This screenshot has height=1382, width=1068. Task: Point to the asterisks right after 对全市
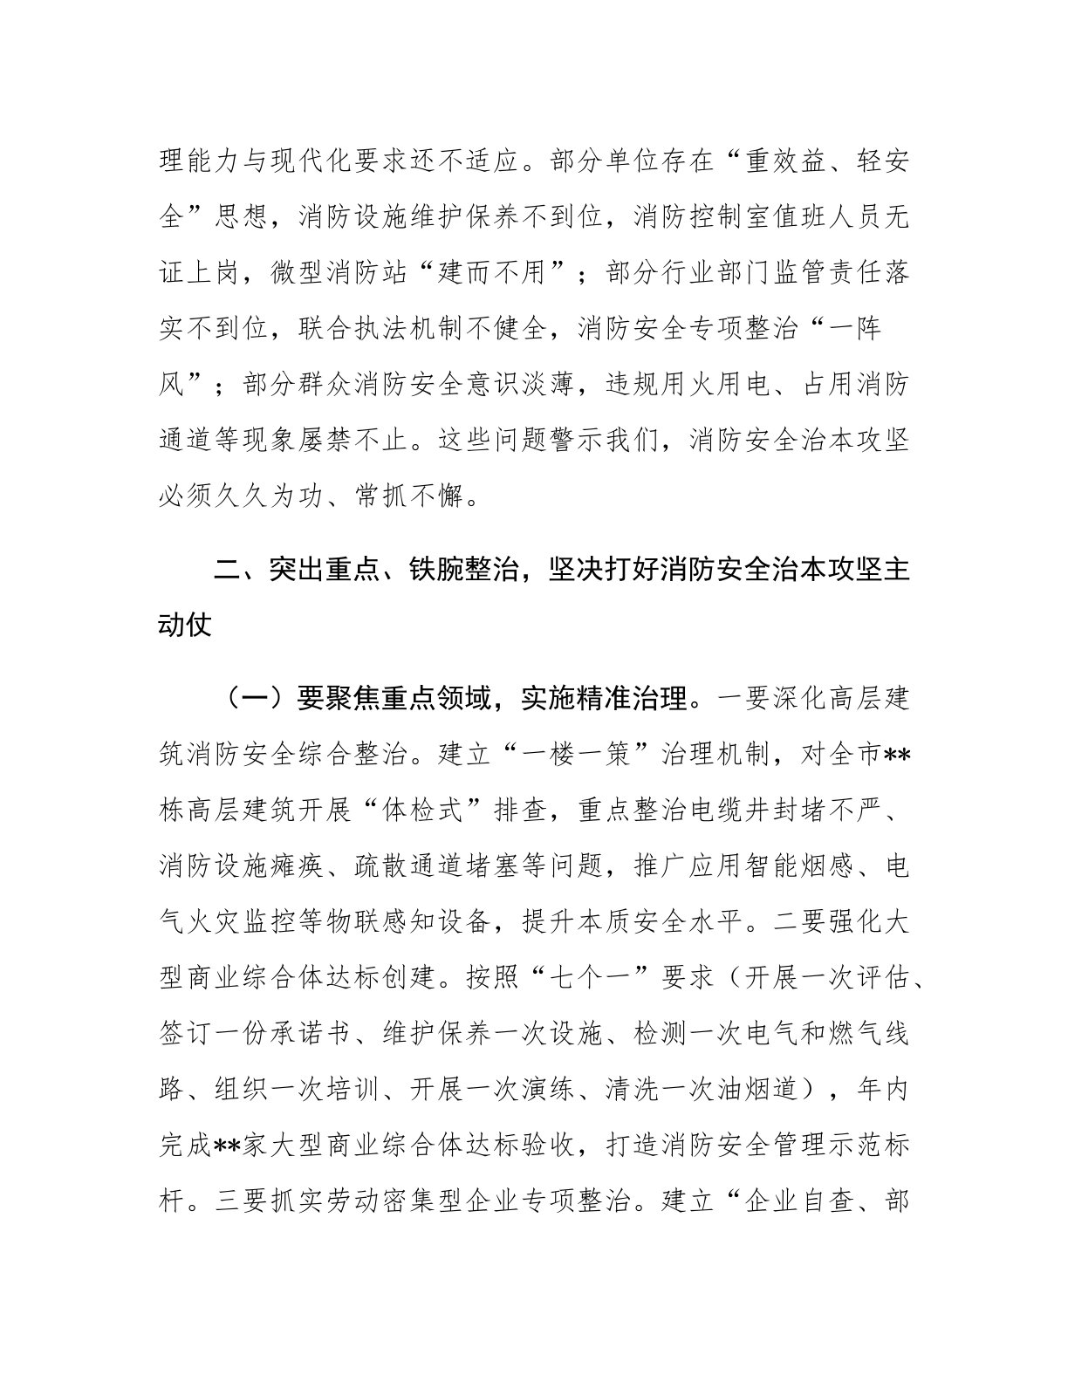(898, 754)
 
